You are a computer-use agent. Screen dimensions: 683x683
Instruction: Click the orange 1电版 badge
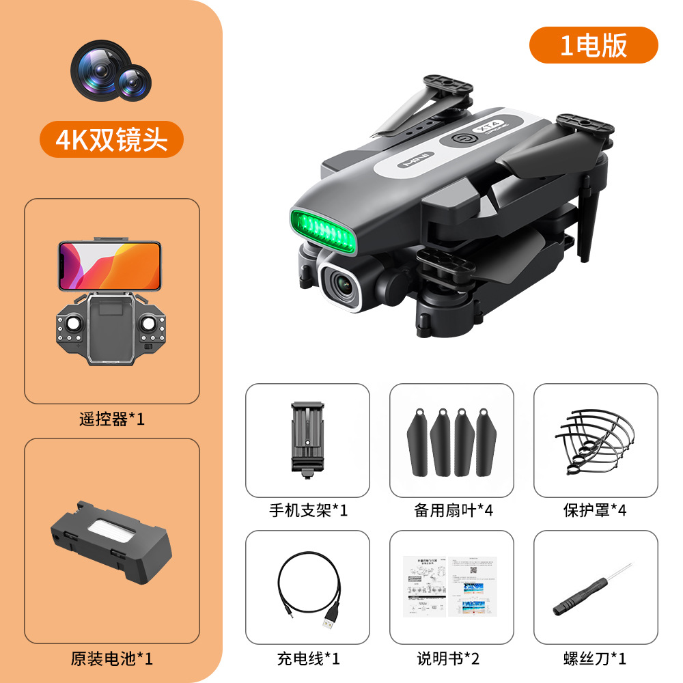coord(594,45)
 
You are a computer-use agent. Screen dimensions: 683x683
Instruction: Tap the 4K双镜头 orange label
coord(111,139)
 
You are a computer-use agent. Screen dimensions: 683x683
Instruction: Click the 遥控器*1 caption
coord(112,419)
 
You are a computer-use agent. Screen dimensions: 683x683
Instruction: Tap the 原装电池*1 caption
coord(112,659)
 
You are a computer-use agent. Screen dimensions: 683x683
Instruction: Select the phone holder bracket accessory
coord(307,437)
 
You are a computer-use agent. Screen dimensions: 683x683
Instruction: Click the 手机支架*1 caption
coord(308,510)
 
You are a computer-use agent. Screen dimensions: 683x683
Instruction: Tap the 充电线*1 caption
coord(308,659)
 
